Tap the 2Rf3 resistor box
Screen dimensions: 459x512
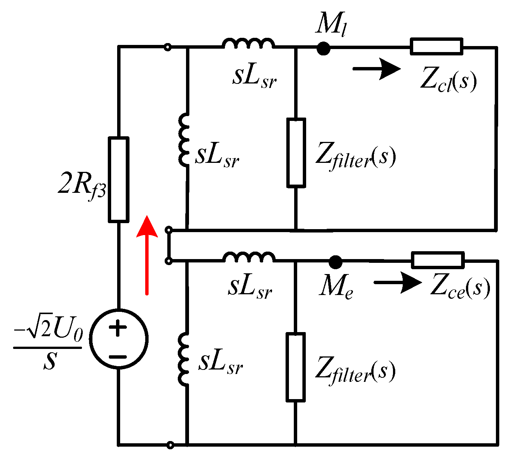pos(119,179)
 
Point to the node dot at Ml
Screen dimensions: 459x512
pos(323,48)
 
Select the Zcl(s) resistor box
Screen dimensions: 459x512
pos(436,46)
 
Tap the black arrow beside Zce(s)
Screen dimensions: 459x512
pos(398,283)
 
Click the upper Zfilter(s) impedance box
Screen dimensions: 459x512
pos(296,152)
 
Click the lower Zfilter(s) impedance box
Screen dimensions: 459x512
pos(296,367)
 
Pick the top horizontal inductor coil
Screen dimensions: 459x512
pos(249,44)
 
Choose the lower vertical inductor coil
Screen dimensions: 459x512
pos(184,358)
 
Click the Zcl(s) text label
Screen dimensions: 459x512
pos(448,80)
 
